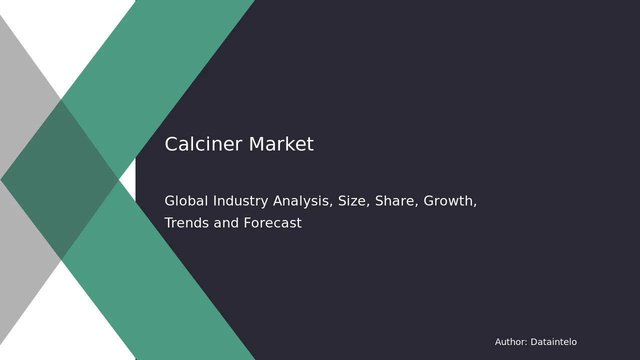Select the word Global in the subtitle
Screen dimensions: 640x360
click(x=186, y=200)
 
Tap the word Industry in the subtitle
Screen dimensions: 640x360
click(x=240, y=201)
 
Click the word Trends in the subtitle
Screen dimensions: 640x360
click(x=186, y=223)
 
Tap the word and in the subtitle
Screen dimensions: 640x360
click(x=226, y=223)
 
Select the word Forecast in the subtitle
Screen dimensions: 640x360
click(x=272, y=223)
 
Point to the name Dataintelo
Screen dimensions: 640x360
click(x=553, y=341)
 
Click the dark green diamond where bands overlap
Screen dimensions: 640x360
click(x=59, y=179)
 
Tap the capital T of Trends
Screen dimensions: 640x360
click(x=169, y=223)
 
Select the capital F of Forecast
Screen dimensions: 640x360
click(x=247, y=223)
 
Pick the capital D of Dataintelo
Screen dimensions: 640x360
click(x=534, y=341)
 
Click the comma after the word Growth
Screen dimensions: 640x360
click(x=475, y=205)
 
